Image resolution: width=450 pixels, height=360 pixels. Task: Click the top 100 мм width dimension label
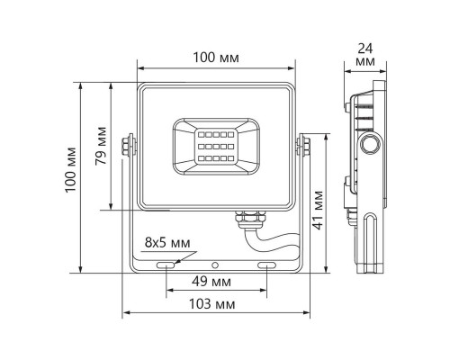pos(216,58)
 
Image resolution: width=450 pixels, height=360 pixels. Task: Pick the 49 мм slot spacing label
pos(215,281)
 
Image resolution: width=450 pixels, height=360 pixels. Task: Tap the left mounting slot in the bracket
pos(166,265)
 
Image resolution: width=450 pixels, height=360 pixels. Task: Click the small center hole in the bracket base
pos(216,265)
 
